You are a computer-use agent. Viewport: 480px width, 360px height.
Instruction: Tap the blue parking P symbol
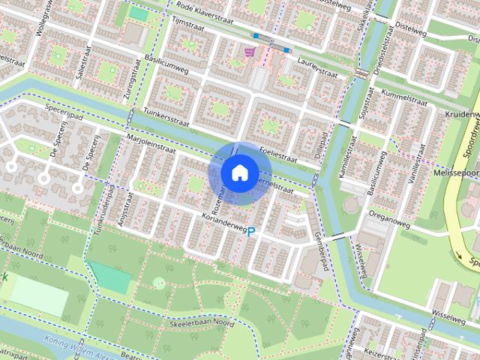(x=251, y=233)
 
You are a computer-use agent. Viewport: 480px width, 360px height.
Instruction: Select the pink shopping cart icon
(x=250, y=52)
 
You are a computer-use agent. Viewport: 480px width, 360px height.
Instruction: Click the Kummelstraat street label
(x=403, y=98)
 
